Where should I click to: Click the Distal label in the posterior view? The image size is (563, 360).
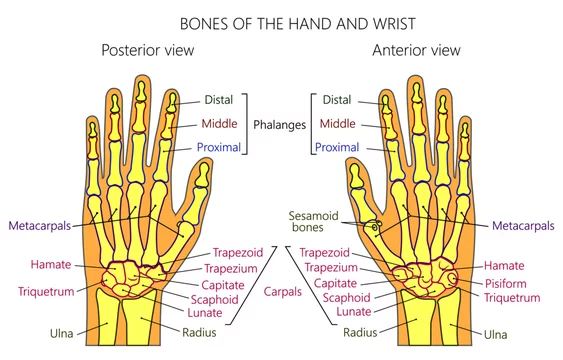pyautogui.click(x=218, y=99)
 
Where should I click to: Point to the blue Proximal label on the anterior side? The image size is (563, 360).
pyautogui.click(x=337, y=148)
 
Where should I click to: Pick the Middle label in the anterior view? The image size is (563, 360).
pyautogui.click(x=338, y=124)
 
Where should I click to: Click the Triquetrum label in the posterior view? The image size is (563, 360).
pyautogui.click(x=44, y=292)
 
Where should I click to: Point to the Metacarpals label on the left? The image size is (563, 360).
pyautogui.click(x=40, y=226)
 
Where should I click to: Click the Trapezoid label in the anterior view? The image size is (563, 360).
pyautogui.click(x=324, y=253)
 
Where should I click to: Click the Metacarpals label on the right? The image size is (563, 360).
pyautogui.click(x=523, y=227)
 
